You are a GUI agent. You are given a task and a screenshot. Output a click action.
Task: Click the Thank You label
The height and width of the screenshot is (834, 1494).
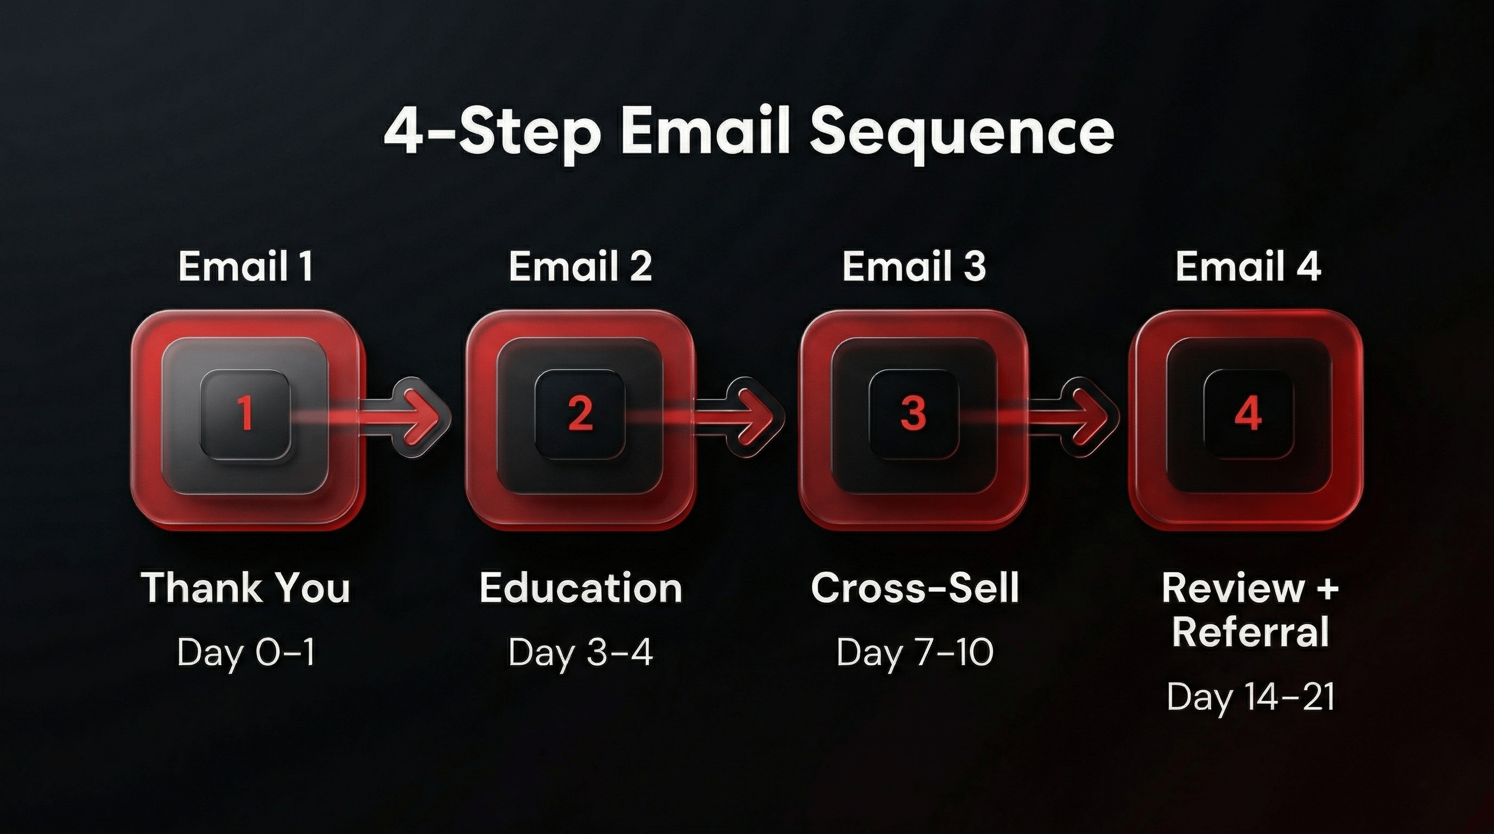click(246, 587)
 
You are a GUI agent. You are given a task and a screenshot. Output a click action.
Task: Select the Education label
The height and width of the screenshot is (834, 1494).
click(580, 587)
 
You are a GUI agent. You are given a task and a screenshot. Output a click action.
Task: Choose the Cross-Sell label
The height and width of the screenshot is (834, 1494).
click(915, 587)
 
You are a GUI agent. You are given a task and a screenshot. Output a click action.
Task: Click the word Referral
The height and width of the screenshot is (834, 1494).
click(1250, 631)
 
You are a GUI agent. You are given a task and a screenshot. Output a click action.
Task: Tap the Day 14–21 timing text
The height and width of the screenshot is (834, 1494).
click(1250, 697)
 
